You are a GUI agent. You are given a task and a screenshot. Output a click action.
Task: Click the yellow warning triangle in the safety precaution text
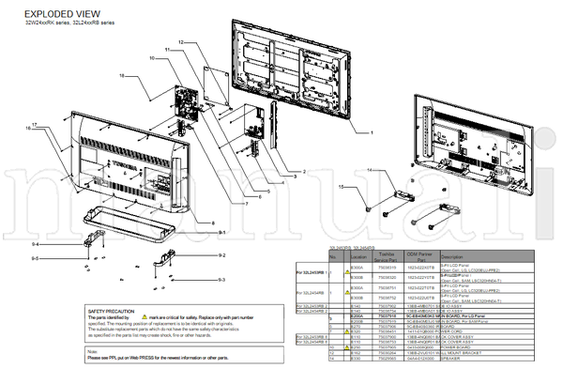(x=145, y=317)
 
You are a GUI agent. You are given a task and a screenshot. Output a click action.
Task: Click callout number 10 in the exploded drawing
(x=150, y=58)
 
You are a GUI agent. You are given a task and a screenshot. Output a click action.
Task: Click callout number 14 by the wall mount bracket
(x=369, y=170)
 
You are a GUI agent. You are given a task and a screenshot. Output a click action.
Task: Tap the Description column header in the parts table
(x=452, y=256)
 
